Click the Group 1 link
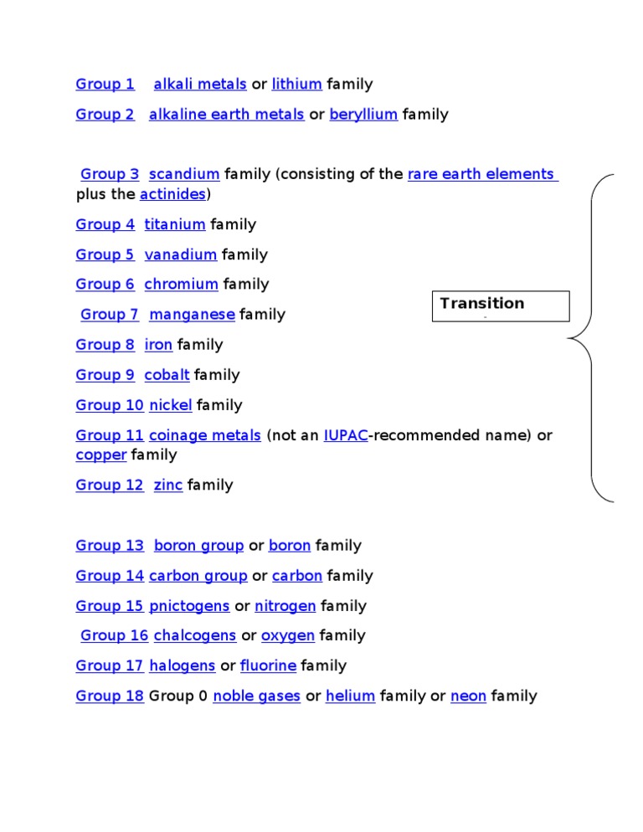coord(105,84)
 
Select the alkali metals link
coord(200,84)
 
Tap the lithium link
coord(296,84)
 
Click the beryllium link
coord(363,114)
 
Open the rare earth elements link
coord(482,174)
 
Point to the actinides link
coord(172,194)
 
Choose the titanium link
coord(175,224)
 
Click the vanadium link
coord(181,254)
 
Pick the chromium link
coord(182,285)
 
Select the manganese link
coord(192,315)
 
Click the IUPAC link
coord(346,435)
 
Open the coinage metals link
coord(205,435)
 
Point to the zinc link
coord(168,485)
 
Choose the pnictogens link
coord(189,606)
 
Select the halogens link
coord(182,666)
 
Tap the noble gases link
coord(257,696)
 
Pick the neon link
coord(468,696)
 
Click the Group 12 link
coord(110,485)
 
